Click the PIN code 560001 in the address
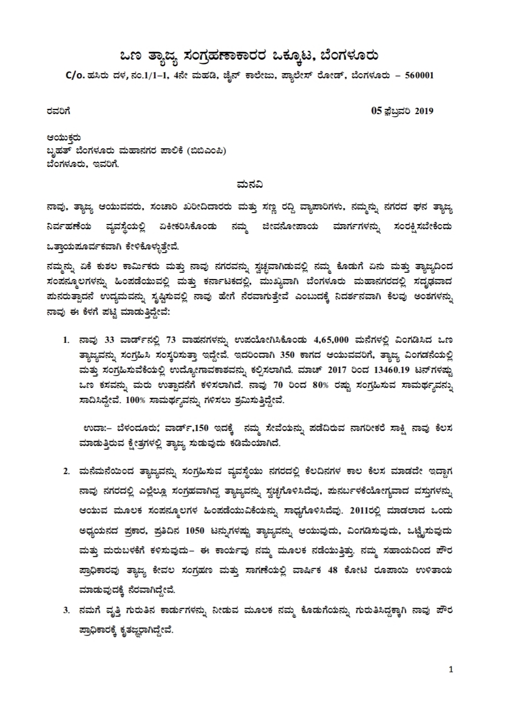click(x=418, y=75)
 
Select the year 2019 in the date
click(x=424, y=110)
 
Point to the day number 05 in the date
click(x=376, y=110)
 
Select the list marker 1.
click(x=66, y=340)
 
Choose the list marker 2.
click(x=66, y=471)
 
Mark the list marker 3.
click(x=66, y=611)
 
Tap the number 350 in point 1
click(x=287, y=355)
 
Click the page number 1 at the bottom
click(x=450, y=669)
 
